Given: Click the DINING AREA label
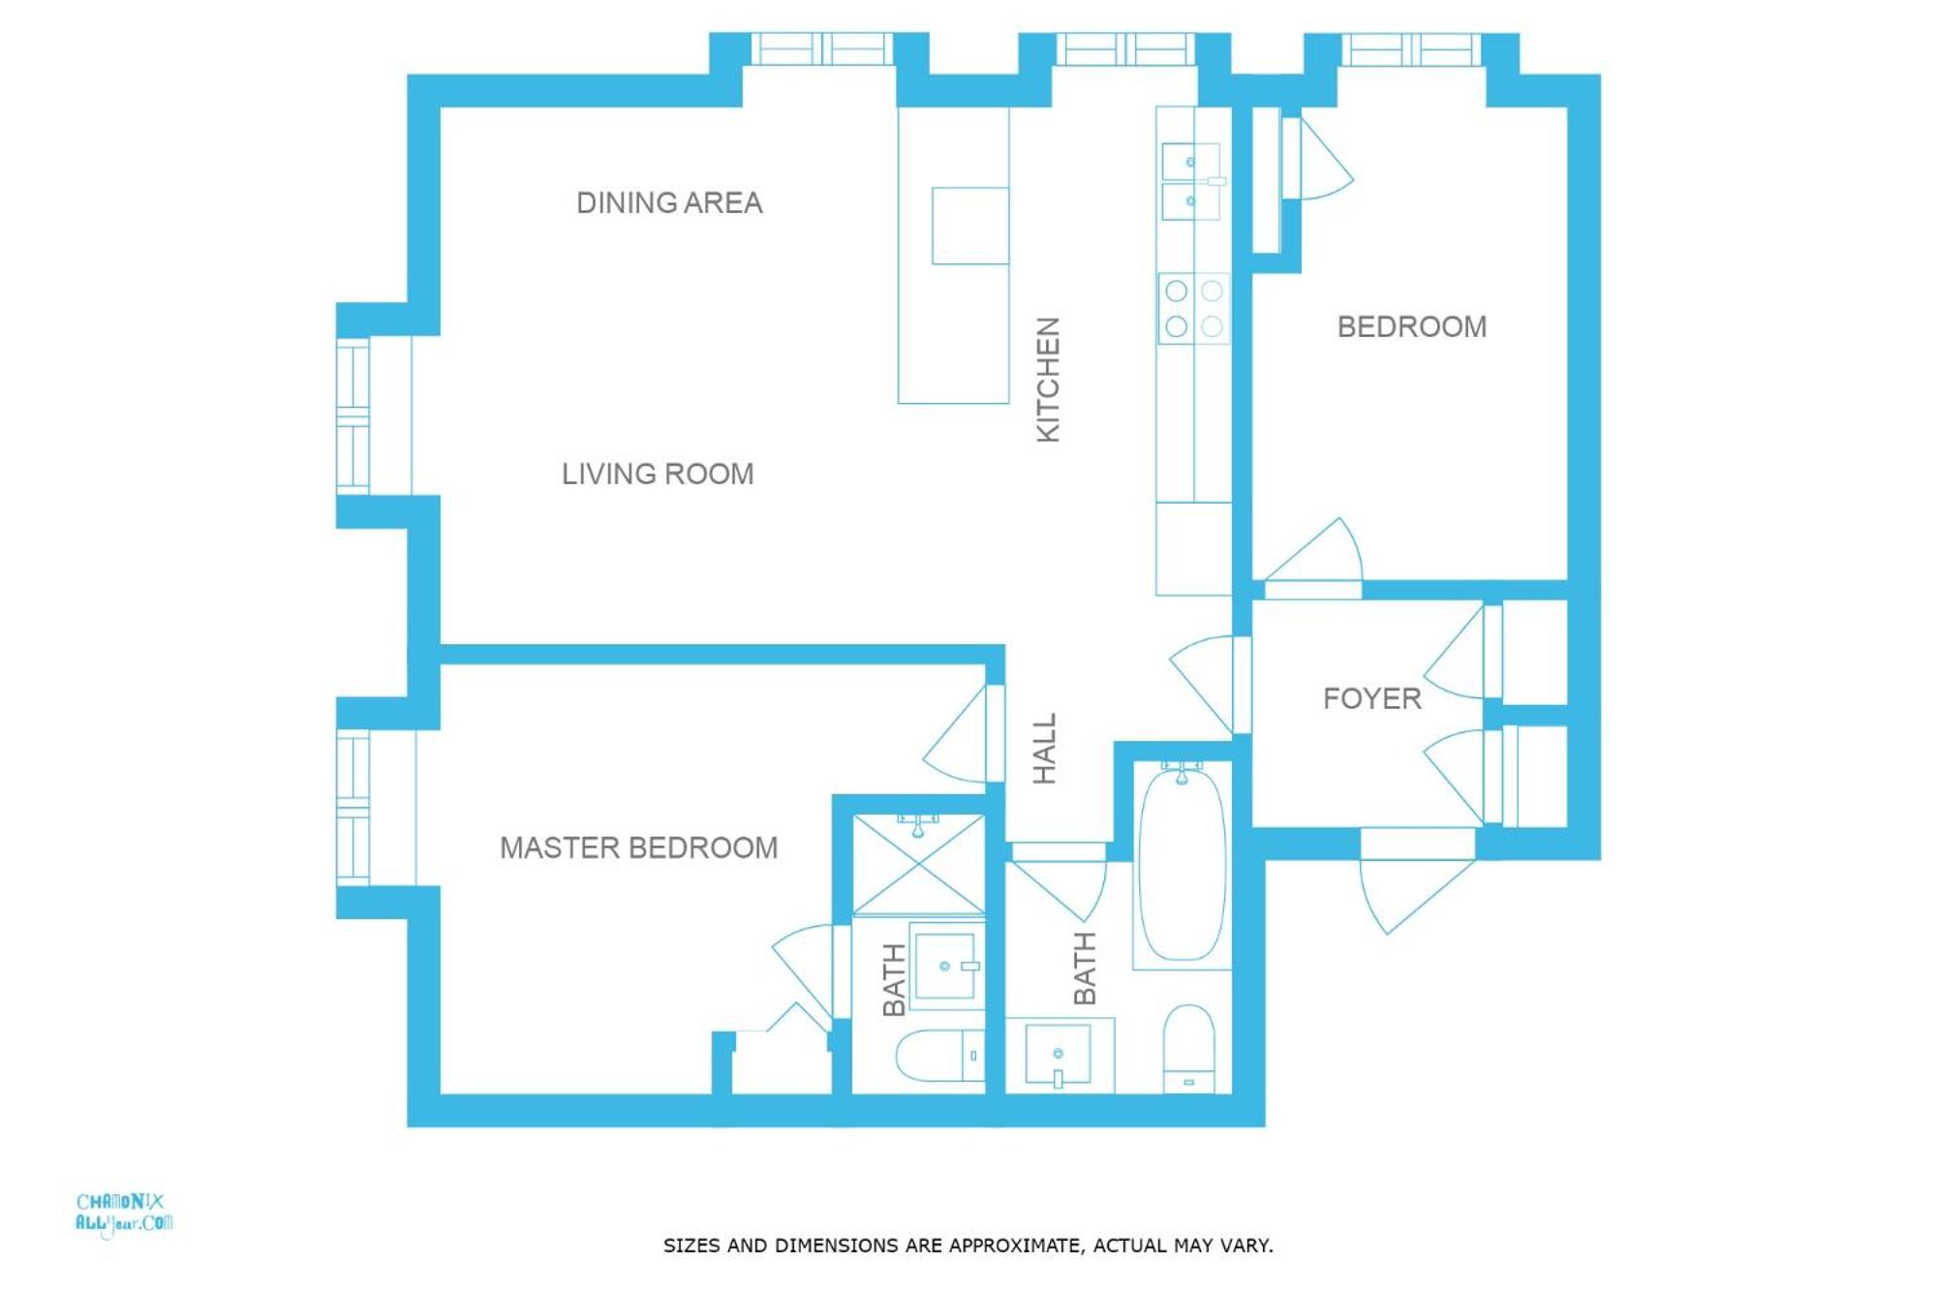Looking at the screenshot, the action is (669, 202).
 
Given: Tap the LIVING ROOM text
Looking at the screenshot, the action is (658, 474).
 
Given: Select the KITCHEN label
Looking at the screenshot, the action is (1048, 380).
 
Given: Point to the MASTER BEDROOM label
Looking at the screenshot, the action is (638, 847).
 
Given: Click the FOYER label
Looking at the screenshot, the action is (1371, 698).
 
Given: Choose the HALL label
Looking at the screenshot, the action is (1044, 749).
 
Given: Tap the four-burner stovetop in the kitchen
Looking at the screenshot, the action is (1193, 308).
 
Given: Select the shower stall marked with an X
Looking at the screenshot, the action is (918, 865).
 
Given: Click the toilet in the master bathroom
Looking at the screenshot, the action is (939, 1056).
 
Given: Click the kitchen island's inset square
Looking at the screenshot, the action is (970, 226).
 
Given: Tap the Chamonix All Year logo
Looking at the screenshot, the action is (124, 1214).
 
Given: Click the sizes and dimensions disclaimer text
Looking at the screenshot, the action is (968, 1245).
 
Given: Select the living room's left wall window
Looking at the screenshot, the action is (353, 415).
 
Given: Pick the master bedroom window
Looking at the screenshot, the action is (353, 808).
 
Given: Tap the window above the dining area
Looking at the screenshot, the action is (821, 48).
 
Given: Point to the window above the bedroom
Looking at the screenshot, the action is (1411, 49).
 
